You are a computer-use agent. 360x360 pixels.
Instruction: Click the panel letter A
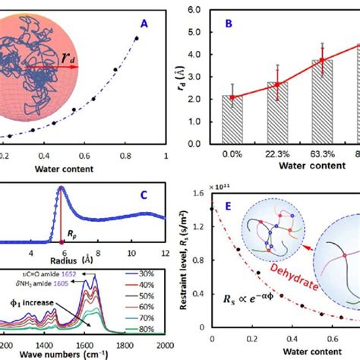pyautogui.click(x=154, y=22)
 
